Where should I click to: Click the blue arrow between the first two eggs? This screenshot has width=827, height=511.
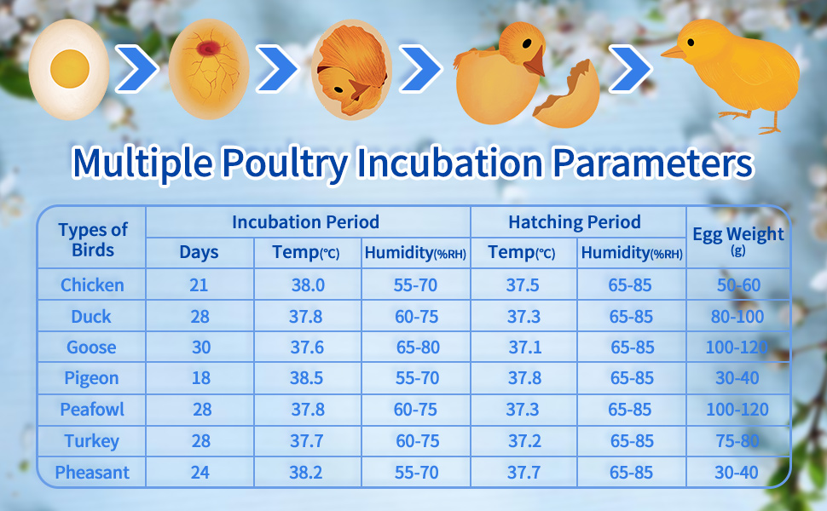coord(136,72)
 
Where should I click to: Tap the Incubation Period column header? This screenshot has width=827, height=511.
coord(305,222)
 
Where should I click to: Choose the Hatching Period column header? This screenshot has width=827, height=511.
coord(575,222)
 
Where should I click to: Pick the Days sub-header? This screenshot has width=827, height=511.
coord(199,252)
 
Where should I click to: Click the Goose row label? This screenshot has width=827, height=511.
coord(91,347)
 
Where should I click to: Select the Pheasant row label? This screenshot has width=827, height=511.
coord(91,472)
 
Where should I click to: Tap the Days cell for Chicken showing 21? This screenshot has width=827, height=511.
coord(199,285)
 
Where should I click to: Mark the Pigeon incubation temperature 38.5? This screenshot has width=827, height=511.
coord(308,378)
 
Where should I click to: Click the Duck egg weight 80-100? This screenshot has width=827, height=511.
coord(737,317)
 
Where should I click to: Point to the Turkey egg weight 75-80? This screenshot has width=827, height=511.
coord(737,441)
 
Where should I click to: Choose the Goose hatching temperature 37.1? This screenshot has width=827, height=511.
coord(523,347)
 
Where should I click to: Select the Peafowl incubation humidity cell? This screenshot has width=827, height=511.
coord(415,410)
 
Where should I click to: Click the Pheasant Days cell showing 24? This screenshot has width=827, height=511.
coord(200,472)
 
